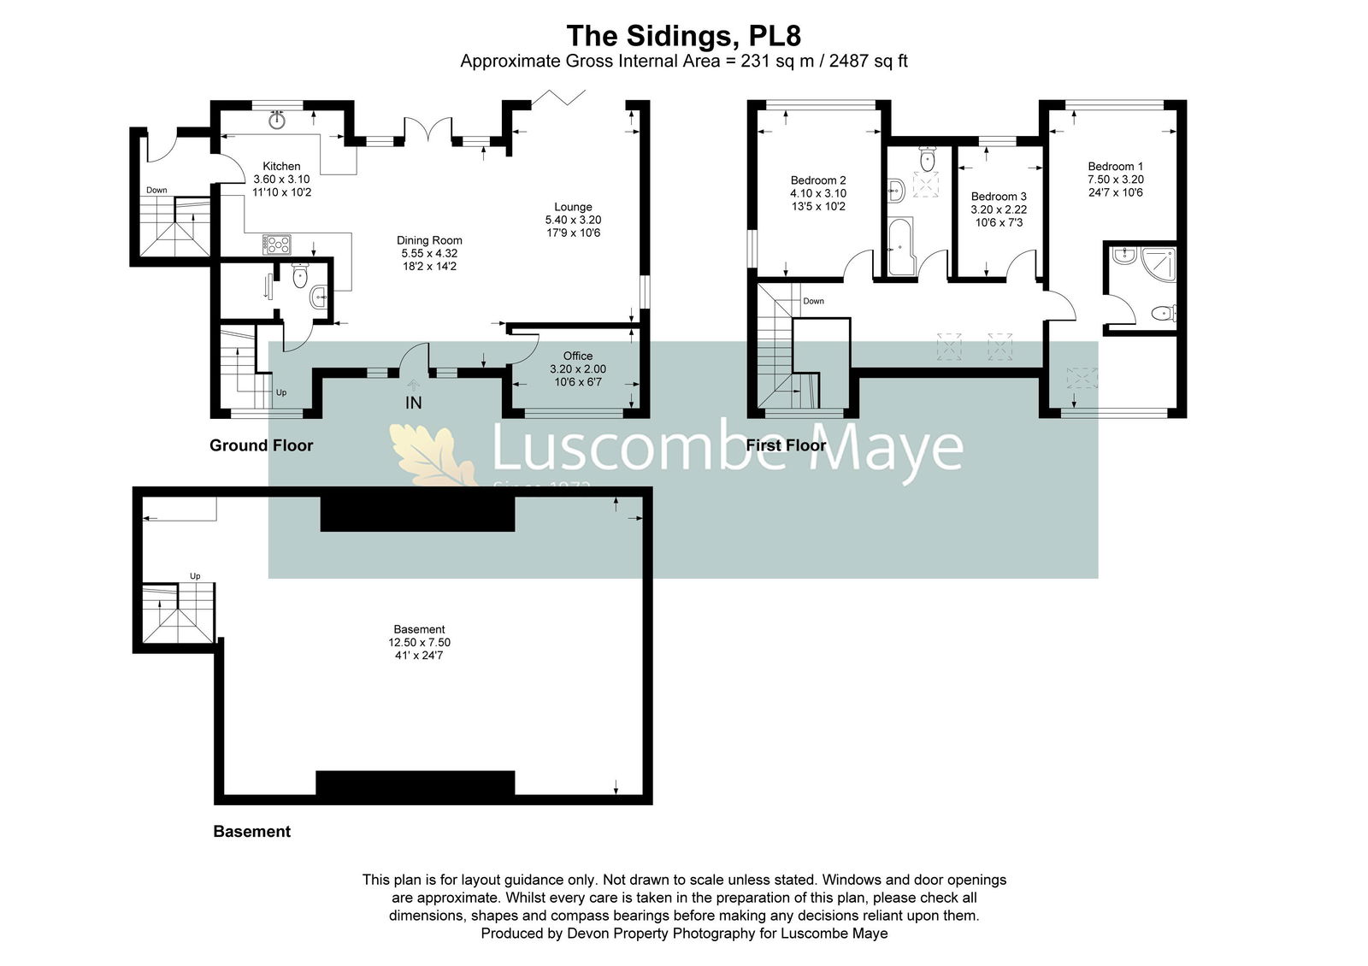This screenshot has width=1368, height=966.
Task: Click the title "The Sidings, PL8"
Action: coord(683,36)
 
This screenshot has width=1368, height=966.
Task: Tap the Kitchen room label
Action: coord(281,166)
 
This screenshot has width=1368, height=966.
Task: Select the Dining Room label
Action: coord(429,240)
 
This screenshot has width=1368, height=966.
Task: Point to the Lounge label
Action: coord(573,207)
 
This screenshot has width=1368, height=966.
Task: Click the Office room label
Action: coord(578,356)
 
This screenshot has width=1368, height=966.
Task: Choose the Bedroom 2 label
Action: coord(817,180)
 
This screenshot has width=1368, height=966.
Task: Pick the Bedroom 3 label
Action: coord(999,197)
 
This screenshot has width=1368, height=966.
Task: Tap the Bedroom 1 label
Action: coord(1115,166)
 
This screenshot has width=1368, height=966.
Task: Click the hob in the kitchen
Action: coord(277,244)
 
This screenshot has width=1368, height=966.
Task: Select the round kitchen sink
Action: coord(278,120)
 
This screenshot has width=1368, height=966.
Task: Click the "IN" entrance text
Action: coord(414,403)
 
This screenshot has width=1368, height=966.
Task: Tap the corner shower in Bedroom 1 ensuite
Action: coord(1159,263)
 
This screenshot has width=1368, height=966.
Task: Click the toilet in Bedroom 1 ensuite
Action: coord(1164,314)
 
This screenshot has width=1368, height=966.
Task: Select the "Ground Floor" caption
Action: coord(262,445)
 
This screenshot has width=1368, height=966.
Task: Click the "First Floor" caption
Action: coord(786,445)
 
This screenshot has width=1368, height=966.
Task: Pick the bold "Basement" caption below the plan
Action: coord(251,832)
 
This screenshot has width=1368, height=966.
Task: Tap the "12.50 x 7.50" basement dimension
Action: coord(419,642)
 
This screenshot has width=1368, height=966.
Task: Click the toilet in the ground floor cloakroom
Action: coord(300,276)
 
